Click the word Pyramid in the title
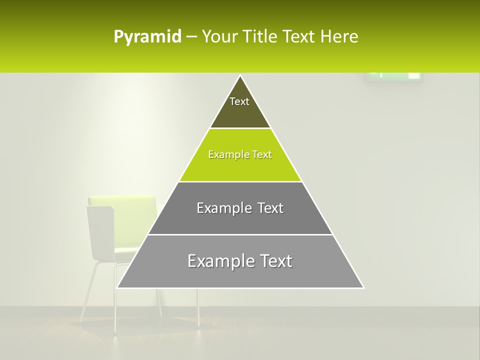tap(147, 37)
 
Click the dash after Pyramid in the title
tap(191, 37)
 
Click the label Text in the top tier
tap(239, 101)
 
